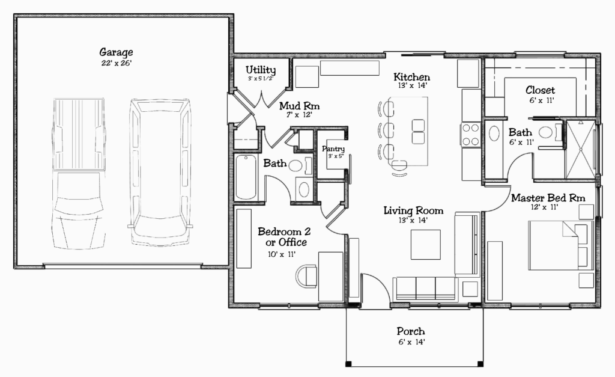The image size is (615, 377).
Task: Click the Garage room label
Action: pos(116,52)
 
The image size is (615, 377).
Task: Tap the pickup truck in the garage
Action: pos(79,174)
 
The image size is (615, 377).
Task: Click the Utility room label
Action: pos(261,70)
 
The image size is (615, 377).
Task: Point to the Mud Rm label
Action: pos(299,106)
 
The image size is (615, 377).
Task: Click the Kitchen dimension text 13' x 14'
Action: pos(412,85)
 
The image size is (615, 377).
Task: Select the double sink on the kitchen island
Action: pos(418,132)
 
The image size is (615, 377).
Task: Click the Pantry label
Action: pos(333,149)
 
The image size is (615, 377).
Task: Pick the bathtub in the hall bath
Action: pos(246,177)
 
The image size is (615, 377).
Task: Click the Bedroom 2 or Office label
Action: pos(284,237)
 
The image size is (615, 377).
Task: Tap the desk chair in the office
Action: pos(306,277)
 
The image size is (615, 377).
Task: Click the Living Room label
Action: pos(413,211)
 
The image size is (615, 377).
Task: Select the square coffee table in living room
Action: pos(426,245)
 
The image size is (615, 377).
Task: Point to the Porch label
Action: pos(411,331)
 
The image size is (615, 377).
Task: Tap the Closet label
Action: pos(540,90)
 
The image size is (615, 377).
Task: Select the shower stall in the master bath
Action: pos(581,150)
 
